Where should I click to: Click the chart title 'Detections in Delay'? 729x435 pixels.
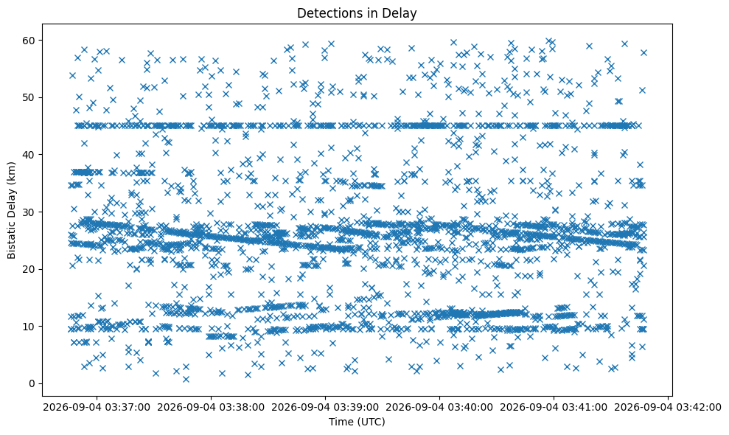click(357, 13)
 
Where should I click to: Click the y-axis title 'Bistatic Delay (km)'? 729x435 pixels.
click(11, 210)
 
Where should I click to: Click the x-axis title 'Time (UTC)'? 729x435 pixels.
click(357, 422)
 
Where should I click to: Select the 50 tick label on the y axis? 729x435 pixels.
click(29, 98)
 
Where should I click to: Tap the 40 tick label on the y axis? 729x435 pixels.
click(29, 155)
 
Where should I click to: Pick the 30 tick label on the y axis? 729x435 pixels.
click(29, 212)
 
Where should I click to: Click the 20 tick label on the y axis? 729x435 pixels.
click(29, 269)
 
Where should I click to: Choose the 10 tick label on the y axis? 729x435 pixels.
click(29, 327)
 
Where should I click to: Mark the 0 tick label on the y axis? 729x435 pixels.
click(33, 384)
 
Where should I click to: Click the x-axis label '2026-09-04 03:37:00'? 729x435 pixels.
click(97, 408)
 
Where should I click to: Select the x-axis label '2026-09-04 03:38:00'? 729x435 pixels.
click(211, 408)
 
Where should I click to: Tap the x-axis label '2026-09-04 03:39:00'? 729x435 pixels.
click(325, 408)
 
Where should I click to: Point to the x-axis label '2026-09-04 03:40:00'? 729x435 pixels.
click(439, 408)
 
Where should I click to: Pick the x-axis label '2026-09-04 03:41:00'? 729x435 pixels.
click(554, 408)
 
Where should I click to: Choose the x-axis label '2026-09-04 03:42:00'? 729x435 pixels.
click(668, 408)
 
